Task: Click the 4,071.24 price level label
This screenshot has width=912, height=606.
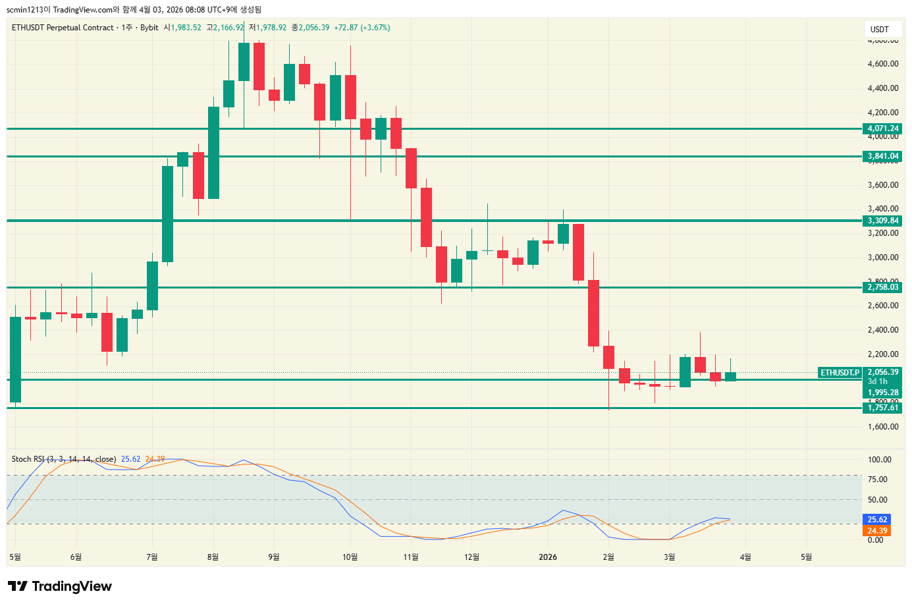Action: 882,128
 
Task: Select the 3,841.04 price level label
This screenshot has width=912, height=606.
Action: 882,156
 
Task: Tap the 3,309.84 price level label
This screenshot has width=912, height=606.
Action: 882,221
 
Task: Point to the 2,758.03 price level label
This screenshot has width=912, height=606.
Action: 882,287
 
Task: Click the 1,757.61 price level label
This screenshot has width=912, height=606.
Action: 882,408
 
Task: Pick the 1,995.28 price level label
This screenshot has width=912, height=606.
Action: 882,393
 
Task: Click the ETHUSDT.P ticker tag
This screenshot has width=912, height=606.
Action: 840,373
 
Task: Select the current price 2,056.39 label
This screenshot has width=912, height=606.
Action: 882,372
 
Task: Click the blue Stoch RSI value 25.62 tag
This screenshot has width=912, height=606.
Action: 877,520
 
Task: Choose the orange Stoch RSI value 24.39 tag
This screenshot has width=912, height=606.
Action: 877,531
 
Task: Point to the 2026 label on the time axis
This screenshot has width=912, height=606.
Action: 547,557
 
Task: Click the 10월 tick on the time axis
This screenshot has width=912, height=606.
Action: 350,557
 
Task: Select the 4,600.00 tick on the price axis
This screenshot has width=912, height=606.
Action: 883,64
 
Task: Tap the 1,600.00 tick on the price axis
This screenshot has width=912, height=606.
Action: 883,427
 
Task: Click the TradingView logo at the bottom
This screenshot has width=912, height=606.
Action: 60,586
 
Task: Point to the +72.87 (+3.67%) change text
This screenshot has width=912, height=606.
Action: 362,28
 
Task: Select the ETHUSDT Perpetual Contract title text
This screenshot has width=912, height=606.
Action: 63,28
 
